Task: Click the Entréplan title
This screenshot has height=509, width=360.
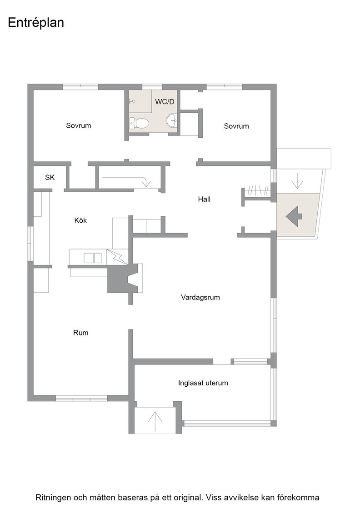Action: (x=36, y=23)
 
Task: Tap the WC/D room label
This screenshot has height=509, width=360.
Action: (x=165, y=102)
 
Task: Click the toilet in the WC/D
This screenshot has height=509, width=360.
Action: (x=139, y=123)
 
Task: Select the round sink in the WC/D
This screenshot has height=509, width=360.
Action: (x=172, y=121)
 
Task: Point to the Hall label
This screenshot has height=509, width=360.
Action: (x=204, y=199)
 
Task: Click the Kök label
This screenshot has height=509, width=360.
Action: (x=80, y=220)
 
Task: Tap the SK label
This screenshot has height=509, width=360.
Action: (x=50, y=177)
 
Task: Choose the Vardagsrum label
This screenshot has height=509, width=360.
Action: (x=200, y=297)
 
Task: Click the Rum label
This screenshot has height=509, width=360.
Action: (x=80, y=333)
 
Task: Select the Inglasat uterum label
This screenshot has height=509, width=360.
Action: (x=203, y=383)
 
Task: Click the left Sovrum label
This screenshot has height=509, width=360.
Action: (x=79, y=125)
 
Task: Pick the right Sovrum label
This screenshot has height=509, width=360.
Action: (x=236, y=126)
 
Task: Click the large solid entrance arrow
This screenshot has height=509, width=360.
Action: (x=294, y=216)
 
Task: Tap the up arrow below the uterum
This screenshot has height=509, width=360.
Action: (x=155, y=421)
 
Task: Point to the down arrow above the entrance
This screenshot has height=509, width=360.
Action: (x=297, y=181)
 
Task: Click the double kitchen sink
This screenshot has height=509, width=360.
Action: (x=93, y=258)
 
